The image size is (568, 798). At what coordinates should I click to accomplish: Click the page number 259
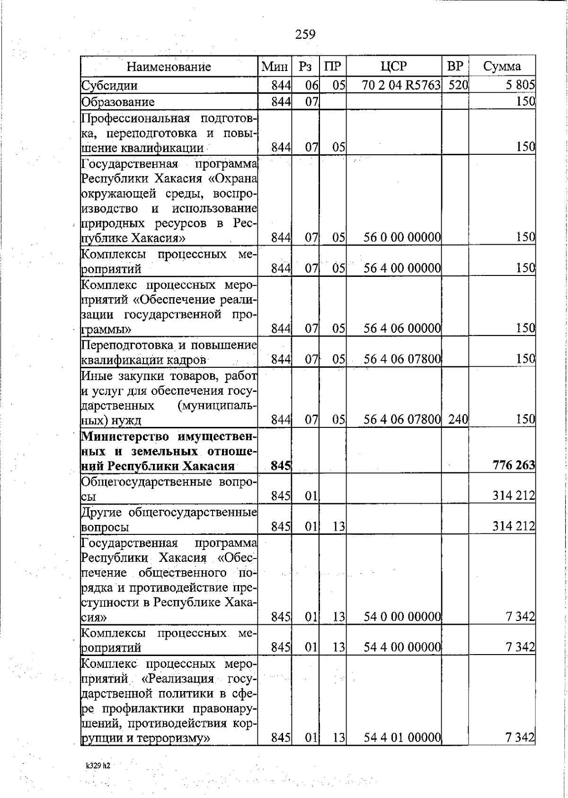[x=305, y=34]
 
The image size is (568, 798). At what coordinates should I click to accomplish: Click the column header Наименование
[x=169, y=67]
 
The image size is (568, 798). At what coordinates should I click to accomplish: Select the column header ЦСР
[x=393, y=66]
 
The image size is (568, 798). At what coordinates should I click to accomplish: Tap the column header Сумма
[x=502, y=66]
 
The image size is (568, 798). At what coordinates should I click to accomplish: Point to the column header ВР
[x=455, y=66]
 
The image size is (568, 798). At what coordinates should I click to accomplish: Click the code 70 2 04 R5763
[x=402, y=86]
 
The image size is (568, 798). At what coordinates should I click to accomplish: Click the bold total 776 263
[x=514, y=465]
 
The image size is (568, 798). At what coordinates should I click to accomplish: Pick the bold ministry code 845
[x=281, y=466]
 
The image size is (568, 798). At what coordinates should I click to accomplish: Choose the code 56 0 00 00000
[x=402, y=237]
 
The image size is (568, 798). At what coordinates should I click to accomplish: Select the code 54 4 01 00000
[x=402, y=751]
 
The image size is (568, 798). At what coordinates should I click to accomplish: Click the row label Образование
[x=118, y=102]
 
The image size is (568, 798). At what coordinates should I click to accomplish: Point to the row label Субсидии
[x=110, y=86]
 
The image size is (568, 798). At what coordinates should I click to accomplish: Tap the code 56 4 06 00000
[x=402, y=328]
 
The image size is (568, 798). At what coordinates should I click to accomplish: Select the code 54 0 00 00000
[x=402, y=617]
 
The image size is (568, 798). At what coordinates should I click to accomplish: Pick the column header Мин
[x=275, y=67]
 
